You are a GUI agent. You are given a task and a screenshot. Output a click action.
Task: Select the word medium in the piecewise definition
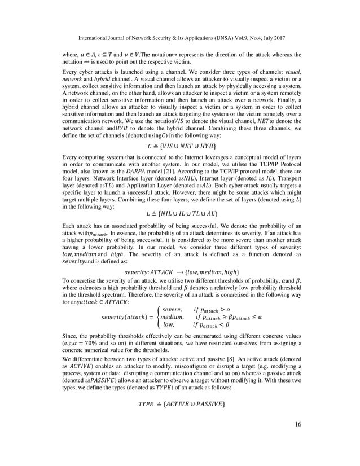pyautogui.click(x=174, y=317)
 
